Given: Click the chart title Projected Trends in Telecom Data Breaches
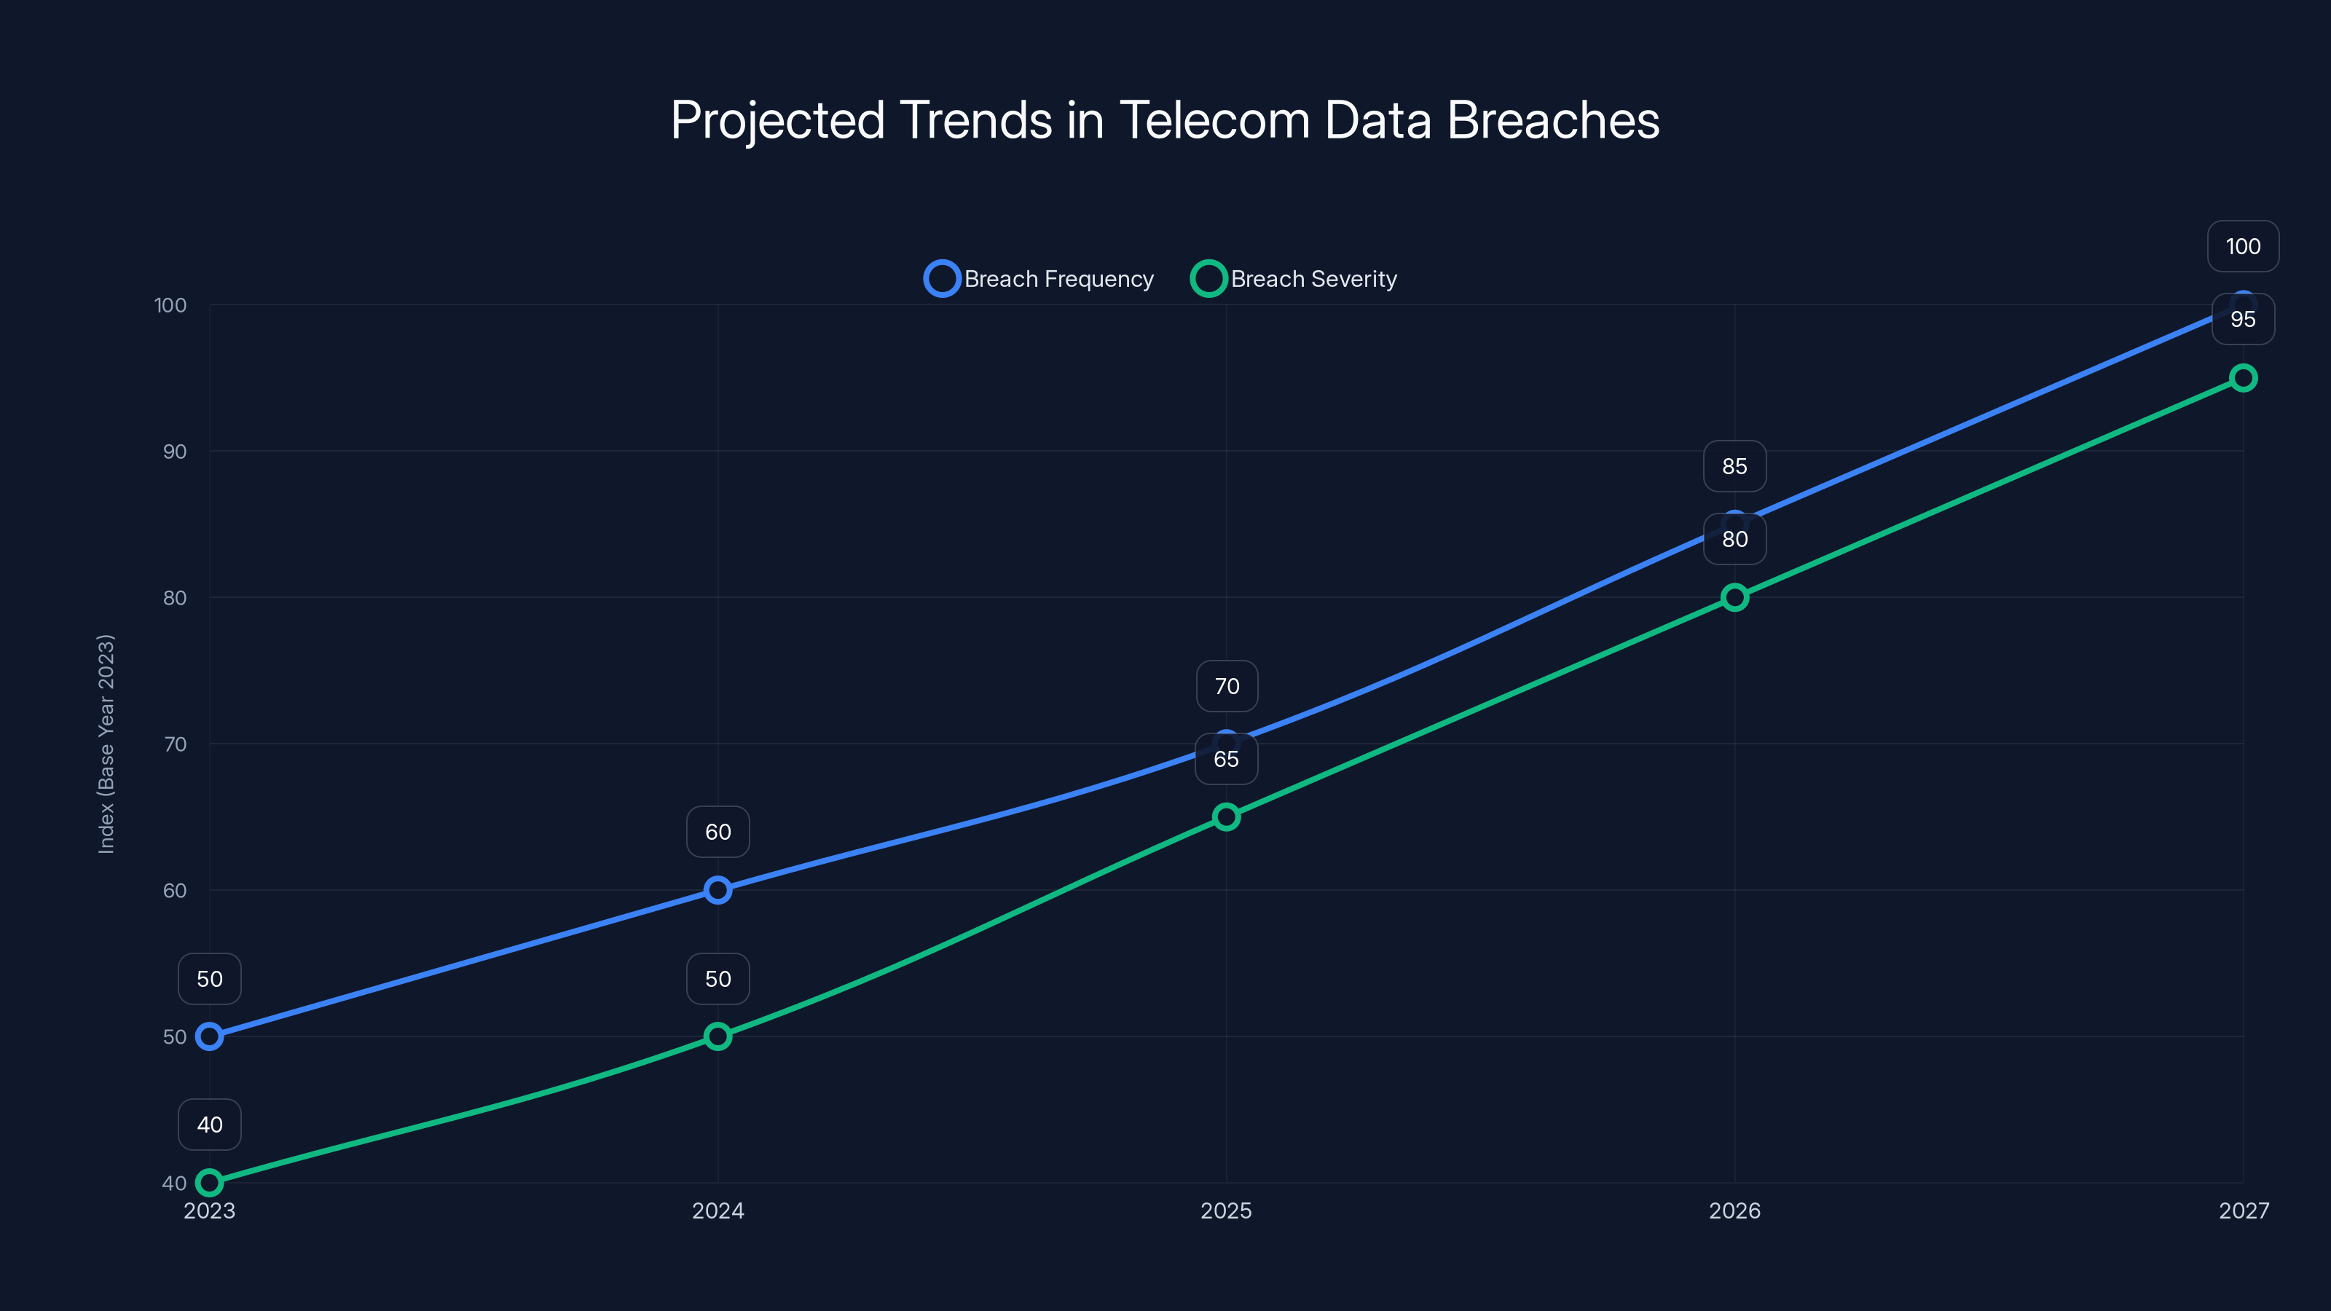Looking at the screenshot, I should (1165, 120).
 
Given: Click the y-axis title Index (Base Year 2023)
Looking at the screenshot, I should (106, 743).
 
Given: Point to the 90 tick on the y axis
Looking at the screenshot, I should (175, 452).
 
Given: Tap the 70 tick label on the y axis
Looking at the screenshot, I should (175, 744).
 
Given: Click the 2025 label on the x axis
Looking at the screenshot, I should (1226, 1210).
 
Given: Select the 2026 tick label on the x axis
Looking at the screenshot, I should (1734, 1210).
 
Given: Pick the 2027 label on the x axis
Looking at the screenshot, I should (2244, 1210).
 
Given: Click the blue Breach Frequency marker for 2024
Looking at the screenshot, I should (718, 890).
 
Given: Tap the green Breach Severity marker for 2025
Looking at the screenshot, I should (1226, 817).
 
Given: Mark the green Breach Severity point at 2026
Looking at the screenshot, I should (1734, 597).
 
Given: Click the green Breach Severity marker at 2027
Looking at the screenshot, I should (2244, 377).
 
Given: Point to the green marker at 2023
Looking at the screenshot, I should (209, 1183).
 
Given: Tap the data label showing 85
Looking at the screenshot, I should (1734, 466).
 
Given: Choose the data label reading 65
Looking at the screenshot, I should (1226, 759).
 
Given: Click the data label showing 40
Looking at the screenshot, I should (209, 1125).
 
